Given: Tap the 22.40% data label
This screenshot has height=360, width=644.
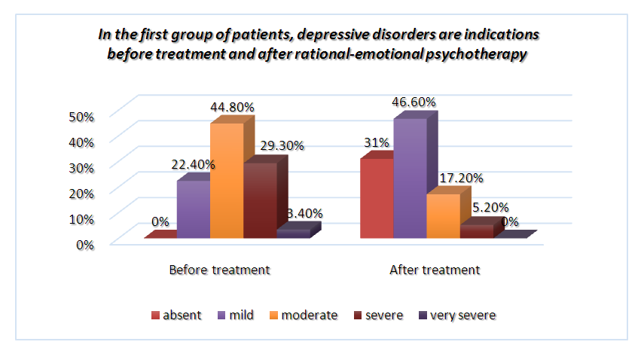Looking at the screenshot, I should pos(191,163).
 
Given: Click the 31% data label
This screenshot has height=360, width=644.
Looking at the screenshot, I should pos(375,142).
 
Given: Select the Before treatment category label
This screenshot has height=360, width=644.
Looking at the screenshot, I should pos(219,270).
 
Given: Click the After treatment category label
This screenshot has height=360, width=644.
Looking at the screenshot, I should pos(435,270).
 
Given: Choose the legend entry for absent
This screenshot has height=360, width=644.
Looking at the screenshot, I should pos(176,315).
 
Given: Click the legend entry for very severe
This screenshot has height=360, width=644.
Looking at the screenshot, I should pos(456,315).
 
